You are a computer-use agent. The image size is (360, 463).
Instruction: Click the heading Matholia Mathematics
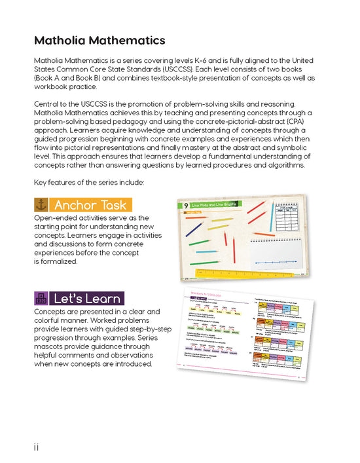point(99,41)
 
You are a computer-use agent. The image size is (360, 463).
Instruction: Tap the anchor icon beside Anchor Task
point(41,205)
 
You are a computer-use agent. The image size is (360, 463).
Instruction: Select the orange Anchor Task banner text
point(90,205)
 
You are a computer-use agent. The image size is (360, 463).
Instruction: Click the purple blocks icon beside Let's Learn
point(41,299)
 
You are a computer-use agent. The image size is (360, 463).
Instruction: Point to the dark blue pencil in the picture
point(194,229)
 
